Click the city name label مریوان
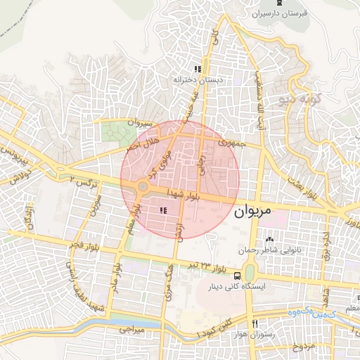pyautogui.click(x=259, y=211)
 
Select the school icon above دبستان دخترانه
pyautogui.click(x=198, y=70)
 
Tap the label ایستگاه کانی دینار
pyautogui.click(x=243, y=288)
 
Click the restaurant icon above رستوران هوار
pyautogui.click(x=255, y=323)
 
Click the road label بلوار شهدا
pyautogui.click(x=185, y=194)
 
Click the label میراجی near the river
pyautogui.click(x=130, y=328)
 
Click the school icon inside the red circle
pyautogui.click(x=163, y=210)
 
